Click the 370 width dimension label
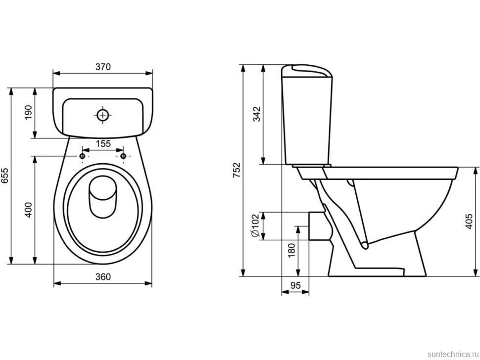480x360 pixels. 103,67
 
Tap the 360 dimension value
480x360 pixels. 103,277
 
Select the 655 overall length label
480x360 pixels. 5,176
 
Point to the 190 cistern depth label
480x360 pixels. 28,113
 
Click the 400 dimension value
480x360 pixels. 28,210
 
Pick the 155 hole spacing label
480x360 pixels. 103,143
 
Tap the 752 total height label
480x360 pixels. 237,170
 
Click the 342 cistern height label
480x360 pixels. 256,114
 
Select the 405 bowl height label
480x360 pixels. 469,222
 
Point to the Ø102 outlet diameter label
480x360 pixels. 255,225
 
